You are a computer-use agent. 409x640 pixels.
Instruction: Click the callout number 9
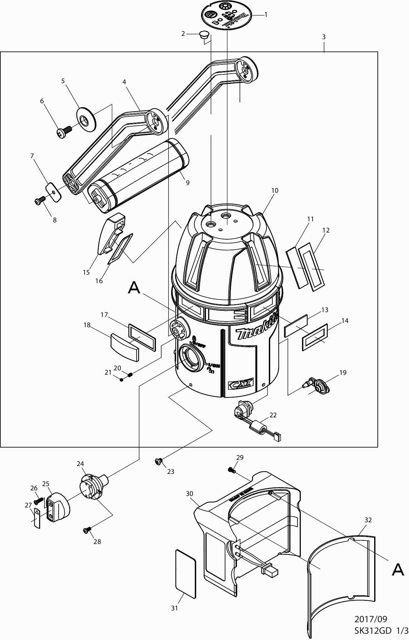point(188,183)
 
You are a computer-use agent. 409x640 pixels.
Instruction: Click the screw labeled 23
point(158,462)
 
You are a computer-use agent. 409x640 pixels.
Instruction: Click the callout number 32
point(368,520)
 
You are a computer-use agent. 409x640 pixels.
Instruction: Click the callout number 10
point(275,190)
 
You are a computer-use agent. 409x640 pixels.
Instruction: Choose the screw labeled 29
point(232,470)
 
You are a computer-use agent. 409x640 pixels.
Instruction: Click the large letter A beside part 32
point(398,569)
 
